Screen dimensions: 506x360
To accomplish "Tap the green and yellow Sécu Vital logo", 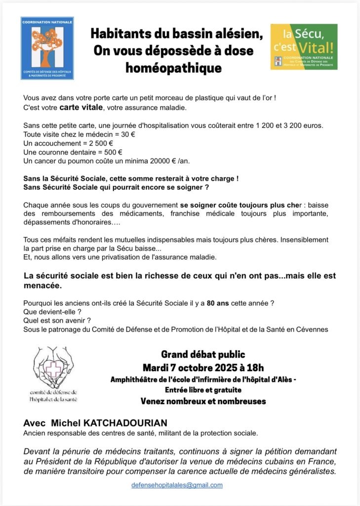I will click(x=304, y=46).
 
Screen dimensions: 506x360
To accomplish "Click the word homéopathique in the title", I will click(x=173, y=67).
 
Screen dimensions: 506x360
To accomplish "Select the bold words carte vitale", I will click(x=80, y=108).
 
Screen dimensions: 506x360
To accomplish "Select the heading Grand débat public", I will click(x=203, y=354).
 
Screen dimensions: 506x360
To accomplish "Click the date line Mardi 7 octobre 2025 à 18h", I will click(x=203, y=368).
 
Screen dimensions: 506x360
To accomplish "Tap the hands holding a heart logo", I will click(x=53, y=368).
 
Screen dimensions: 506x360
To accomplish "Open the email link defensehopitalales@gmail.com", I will click(x=177, y=485).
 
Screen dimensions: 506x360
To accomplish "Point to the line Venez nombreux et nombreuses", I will click(x=203, y=401).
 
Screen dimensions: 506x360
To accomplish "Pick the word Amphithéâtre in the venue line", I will click(x=136, y=379).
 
